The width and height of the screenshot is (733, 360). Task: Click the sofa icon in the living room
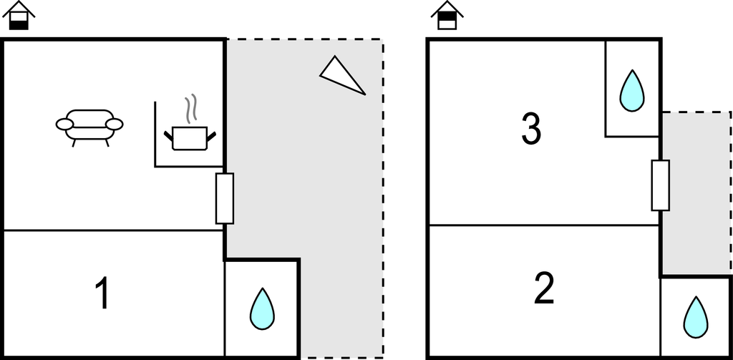[x=89, y=126]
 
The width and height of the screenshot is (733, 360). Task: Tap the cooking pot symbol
[x=190, y=138]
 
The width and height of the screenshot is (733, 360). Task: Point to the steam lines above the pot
[x=190, y=109]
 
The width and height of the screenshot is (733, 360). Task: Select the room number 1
[x=102, y=293]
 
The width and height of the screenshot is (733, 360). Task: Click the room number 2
[x=544, y=288]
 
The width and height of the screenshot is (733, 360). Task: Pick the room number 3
[x=531, y=129]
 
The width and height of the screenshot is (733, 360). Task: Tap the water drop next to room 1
[x=262, y=309]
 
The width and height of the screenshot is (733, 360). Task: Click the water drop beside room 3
[x=632, y=91]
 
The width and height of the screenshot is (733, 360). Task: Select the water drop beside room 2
[x=696, y=318]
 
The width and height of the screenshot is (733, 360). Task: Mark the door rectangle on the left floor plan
[x=224, y=198]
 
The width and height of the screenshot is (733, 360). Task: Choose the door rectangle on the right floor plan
[x=661, y=185]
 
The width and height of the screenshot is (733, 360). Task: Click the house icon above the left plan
[x=19, y=16]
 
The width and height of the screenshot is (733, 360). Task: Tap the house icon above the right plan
[x=447, y=16]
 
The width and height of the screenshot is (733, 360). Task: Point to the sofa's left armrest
[x=64, y=125]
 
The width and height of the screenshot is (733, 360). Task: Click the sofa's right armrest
[x=115, y=125]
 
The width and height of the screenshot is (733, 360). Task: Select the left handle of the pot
[x=168, y=136]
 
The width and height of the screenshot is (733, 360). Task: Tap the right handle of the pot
[x=211, y=136]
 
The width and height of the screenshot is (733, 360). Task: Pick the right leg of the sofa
[x=107, y=143]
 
